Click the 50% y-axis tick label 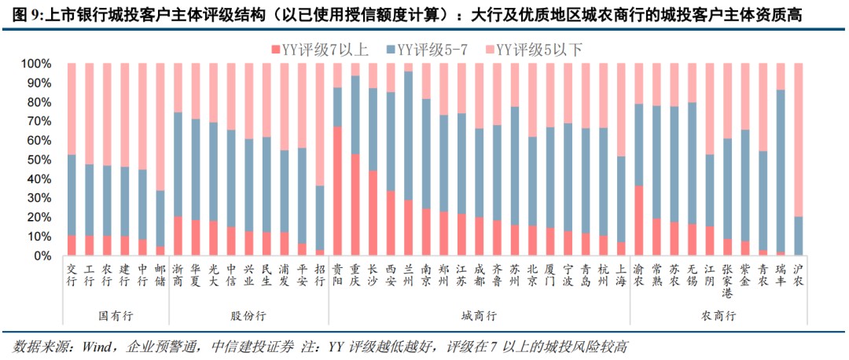point(39,160)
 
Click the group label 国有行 point(116,316)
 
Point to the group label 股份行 point(248,316)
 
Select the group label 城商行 point(479,316)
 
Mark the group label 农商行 point(718,316)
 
